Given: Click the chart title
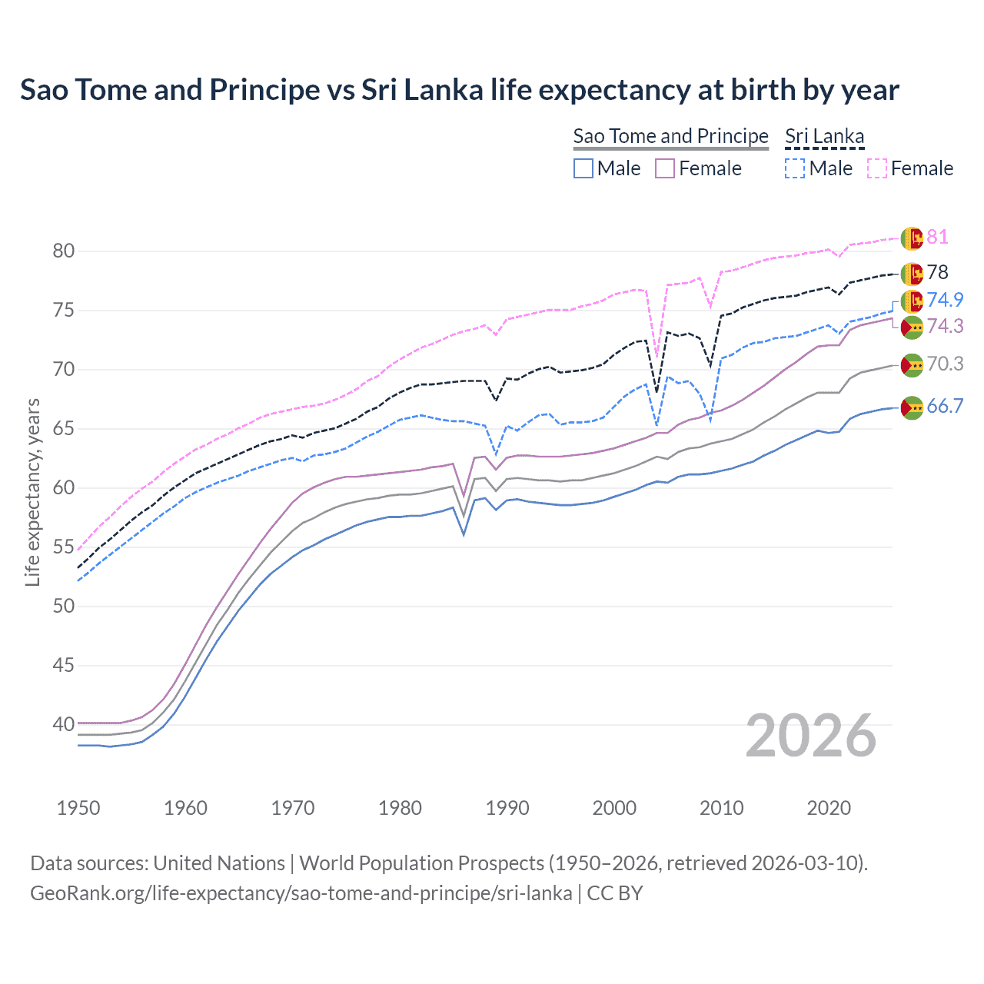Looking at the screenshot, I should click(459, 90).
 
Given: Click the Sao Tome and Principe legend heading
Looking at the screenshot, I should click(670, 136).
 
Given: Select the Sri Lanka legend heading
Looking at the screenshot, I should click(824, 136).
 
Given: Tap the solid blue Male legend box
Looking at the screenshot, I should click(583, 168).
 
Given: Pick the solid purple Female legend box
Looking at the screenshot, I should click(665, 168).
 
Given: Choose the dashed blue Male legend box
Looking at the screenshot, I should click(795, 168).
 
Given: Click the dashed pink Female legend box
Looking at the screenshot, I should click(877, 168).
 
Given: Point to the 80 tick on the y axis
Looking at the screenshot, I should click(64, 251).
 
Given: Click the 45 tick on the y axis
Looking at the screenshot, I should click(64, 665).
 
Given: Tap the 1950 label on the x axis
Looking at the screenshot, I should click(78, 808).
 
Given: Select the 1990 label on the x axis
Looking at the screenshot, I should click(507, 808).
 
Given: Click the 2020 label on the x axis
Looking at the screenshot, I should click(829, 808).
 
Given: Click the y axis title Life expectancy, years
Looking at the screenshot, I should click(32, 492).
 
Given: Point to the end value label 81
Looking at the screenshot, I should click(937, 237).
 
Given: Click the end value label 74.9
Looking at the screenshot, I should click(945, 300).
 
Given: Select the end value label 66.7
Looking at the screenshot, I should click(945, 406).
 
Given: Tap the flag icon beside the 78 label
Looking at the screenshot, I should click(912, 273).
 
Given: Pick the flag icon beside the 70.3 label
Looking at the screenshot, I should click(912, 365).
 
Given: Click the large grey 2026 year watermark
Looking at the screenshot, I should click(811, 736).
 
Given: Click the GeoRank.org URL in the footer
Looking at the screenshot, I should click(301, 893).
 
